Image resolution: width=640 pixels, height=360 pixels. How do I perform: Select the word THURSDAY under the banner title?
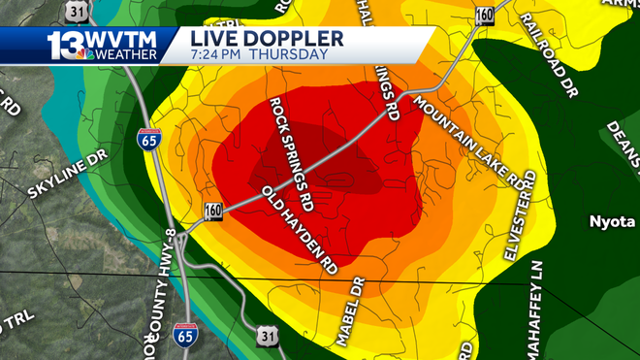pos(288,54)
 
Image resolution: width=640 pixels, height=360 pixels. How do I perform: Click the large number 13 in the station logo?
pos(63,45)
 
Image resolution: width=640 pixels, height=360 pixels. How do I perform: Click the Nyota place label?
pos(612,221)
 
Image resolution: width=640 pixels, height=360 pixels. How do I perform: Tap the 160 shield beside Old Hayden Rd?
pos(213,212)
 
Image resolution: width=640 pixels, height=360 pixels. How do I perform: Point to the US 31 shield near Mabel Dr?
pos(268,337)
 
